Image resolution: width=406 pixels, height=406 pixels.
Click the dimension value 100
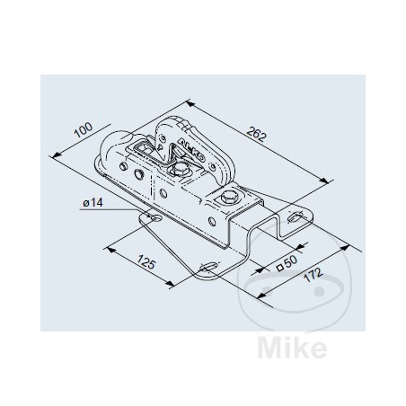click(84, 132)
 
